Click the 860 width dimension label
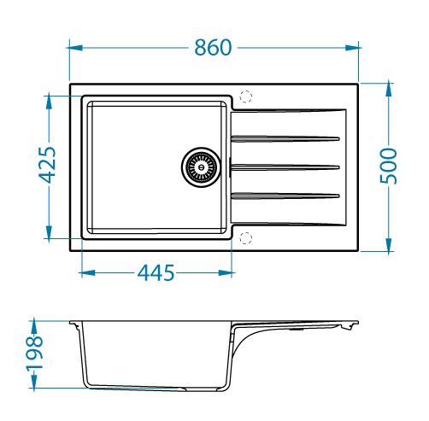coord(213,48)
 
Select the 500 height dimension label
coord(389,166)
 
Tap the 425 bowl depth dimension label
coord(47,165)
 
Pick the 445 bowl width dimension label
coord(156,272)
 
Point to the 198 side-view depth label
coord(35,354)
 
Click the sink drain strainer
coord(201,167)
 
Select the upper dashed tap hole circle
coord(246,96)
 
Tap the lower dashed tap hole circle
coord(246,238)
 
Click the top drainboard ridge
coord(285,139)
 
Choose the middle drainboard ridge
coord(285,167)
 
